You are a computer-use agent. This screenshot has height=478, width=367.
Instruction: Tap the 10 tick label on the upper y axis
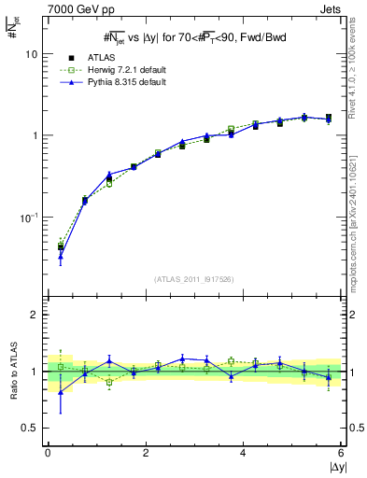31,54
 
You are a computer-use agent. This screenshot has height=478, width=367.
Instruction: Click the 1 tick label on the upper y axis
34,135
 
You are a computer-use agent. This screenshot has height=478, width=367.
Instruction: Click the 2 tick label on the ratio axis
34,315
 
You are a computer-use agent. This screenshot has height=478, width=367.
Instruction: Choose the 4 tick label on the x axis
243,453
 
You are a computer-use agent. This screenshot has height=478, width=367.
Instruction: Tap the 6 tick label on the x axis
341,453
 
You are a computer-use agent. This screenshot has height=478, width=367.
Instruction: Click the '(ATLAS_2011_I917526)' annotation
193,278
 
